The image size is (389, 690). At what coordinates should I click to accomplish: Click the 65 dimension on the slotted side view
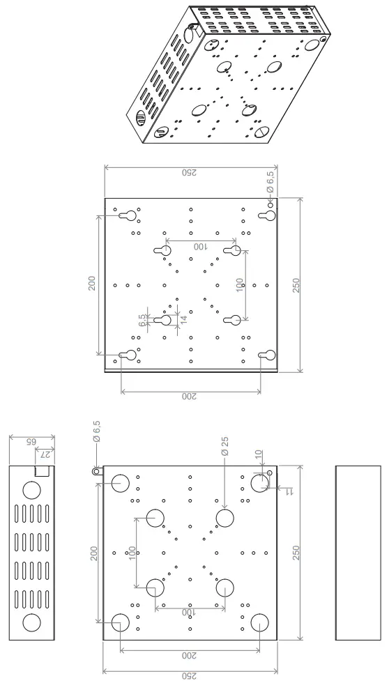(31, 443)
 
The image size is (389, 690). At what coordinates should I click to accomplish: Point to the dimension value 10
(259, 454)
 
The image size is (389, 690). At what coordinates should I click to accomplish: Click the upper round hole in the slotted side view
(32, 490)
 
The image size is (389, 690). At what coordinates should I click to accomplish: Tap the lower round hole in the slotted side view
(32, 622)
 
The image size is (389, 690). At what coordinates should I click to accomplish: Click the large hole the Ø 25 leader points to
(224, 518)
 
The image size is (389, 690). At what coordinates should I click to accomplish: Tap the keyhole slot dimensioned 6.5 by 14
(165, 320)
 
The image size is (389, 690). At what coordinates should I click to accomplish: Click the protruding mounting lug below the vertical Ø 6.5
(96, 470)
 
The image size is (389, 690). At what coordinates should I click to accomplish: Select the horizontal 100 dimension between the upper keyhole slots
(200, 247)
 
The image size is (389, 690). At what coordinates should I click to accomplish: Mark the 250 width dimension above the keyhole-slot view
(190, 173)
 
